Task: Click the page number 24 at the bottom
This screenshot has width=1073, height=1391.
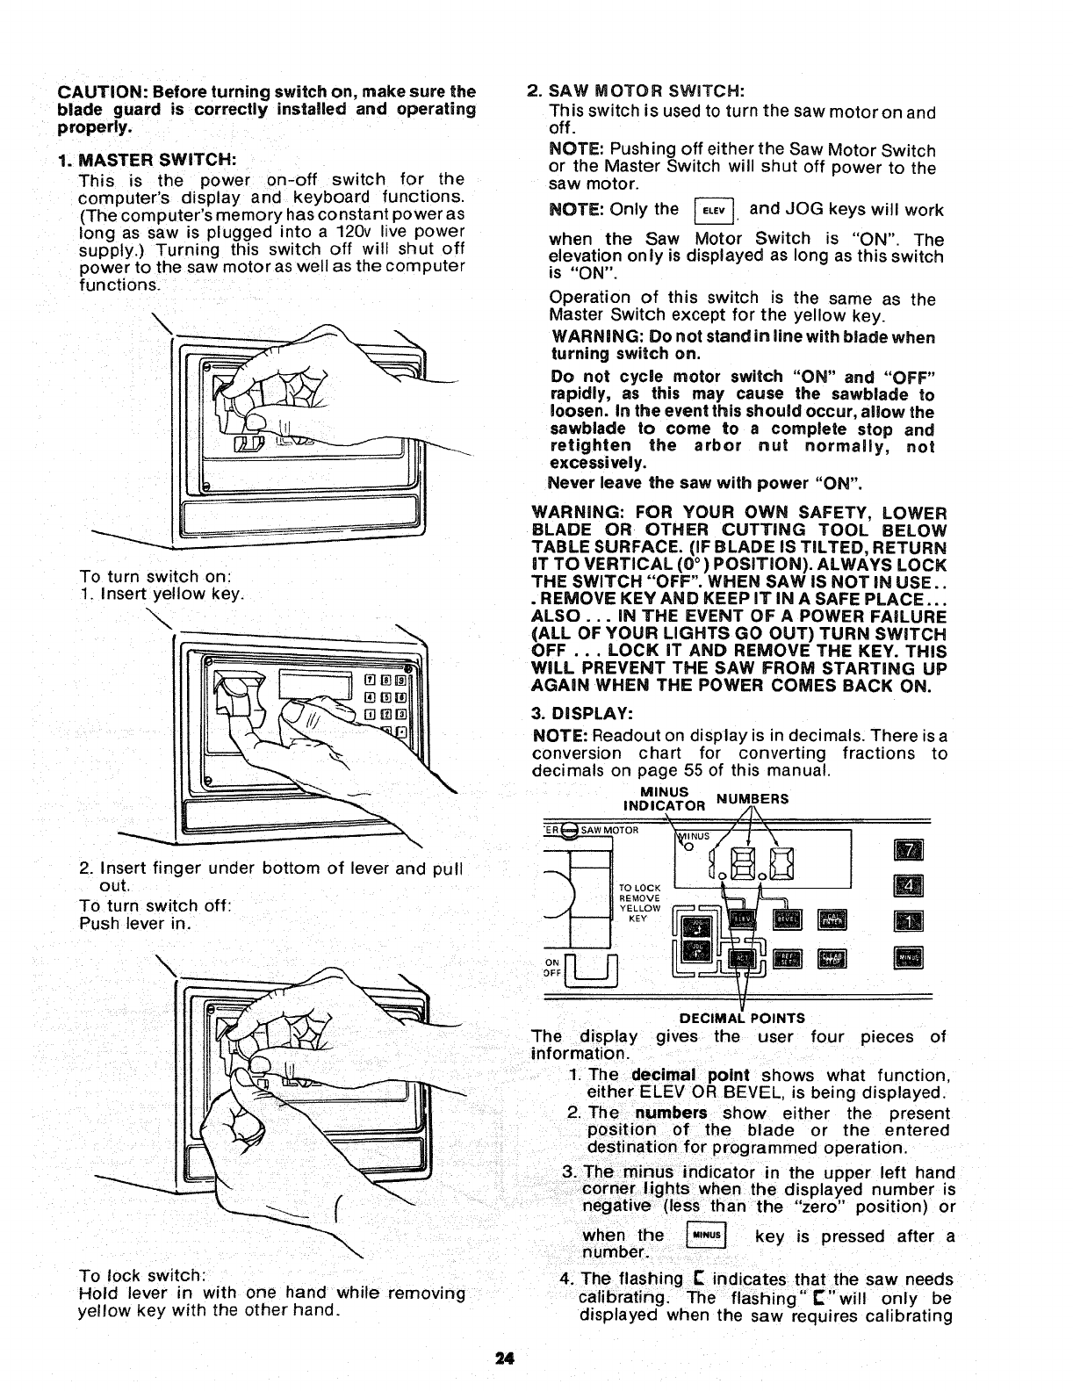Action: [x=503, y=1357]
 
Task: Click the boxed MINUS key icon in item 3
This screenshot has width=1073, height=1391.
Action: [x=707, y=1236]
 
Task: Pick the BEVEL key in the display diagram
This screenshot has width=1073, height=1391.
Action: [x=788, y=920]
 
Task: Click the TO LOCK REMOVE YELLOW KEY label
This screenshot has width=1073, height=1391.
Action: [x=638, y=904]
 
